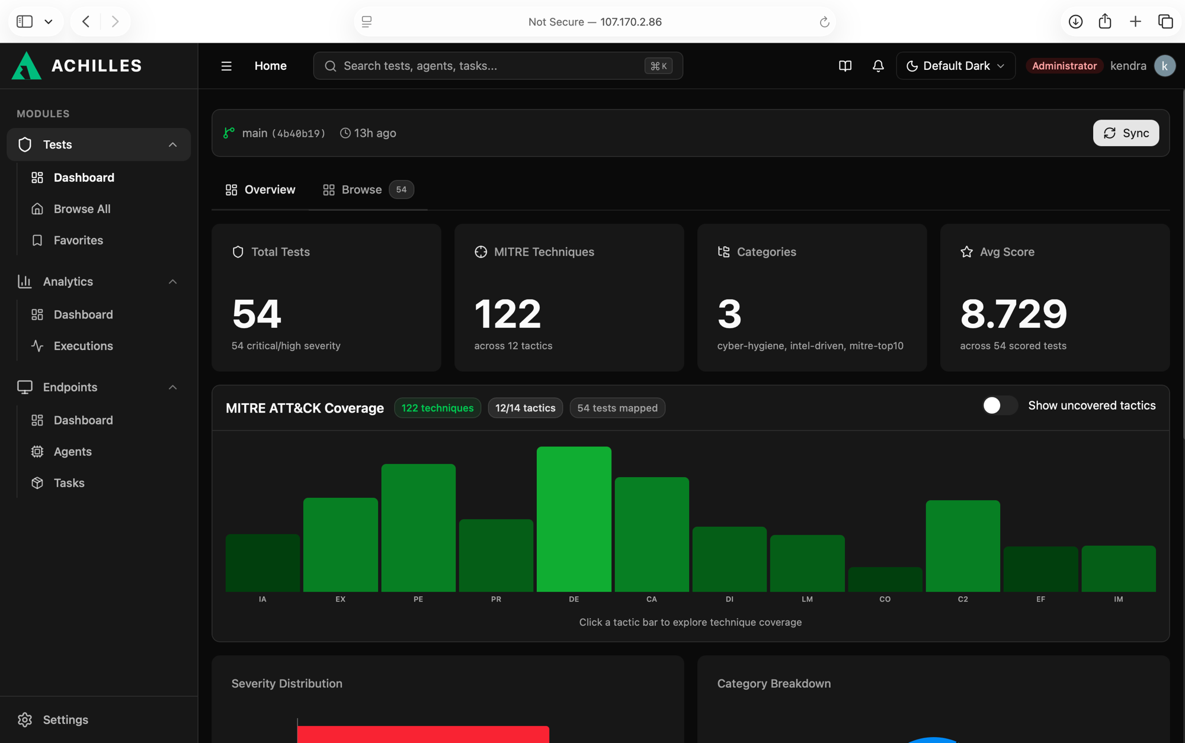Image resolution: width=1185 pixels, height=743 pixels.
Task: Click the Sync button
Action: tap(1126, 133)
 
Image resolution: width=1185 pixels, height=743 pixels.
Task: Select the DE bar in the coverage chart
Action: tap(574, 519)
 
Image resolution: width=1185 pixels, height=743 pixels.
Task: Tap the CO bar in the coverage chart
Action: tap(885, 580)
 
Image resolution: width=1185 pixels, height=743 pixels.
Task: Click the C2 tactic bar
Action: tap(963, 546)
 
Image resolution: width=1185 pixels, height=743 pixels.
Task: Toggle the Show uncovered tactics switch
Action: tap(1000, 406)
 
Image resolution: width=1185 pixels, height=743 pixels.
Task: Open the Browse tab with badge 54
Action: tap(368, 189)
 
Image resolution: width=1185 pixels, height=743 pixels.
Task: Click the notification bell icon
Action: tap(878, 66)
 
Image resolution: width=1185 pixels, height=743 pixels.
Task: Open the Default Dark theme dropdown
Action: tap(956, 66)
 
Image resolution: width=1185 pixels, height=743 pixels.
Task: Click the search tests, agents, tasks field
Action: tap(498, 66)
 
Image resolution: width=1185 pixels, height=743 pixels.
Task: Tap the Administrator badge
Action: tap(1064, 66)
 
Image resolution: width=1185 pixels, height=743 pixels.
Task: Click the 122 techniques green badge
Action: tap(437, 408)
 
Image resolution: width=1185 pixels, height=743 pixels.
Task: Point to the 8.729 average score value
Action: tap(1013, 314)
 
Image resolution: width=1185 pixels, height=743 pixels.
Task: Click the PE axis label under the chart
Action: tap(418, 599)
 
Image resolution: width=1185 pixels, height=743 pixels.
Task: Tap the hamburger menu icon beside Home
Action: tap(226, 66)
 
